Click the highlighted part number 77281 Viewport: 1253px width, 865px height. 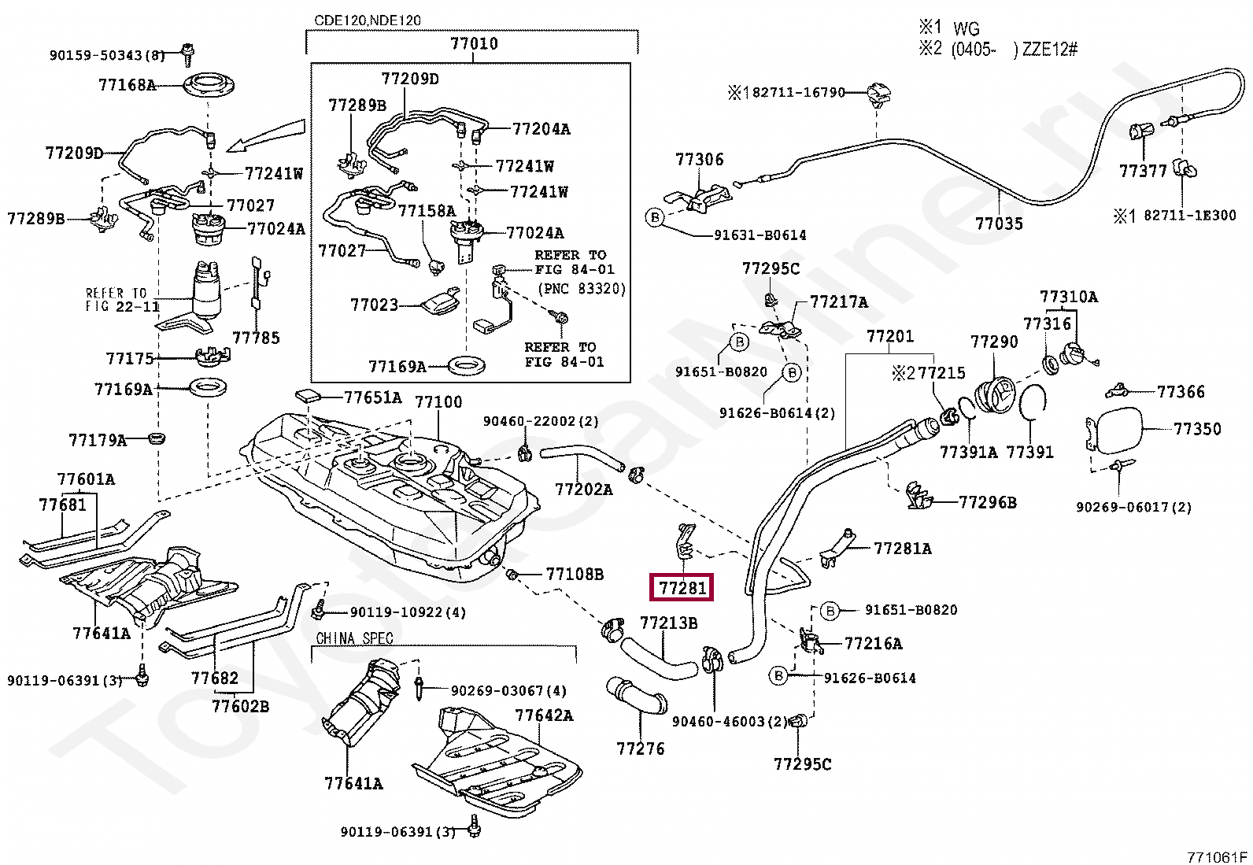click(682, 587)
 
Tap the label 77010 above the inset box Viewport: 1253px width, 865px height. click(474, 44)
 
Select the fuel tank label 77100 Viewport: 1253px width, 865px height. click(438, 402)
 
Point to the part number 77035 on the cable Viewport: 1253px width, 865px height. click(999, 224)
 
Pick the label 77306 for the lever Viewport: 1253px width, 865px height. click(699, 160)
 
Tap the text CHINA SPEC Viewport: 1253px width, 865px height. click(354, 638)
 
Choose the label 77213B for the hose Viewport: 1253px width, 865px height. click(668, 623)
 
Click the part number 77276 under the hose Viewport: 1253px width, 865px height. click(640, 749)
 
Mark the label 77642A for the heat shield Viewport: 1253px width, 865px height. click(544, 715)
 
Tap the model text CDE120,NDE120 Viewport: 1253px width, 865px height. click(368, 20)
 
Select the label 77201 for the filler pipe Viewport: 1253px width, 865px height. click(890, 337)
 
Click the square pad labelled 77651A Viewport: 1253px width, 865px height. click(308, 396)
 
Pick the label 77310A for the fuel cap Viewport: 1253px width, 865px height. click(1068, 297)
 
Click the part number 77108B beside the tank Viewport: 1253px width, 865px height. click(575, 575)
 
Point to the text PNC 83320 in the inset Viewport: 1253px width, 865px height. click(582, 289)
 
